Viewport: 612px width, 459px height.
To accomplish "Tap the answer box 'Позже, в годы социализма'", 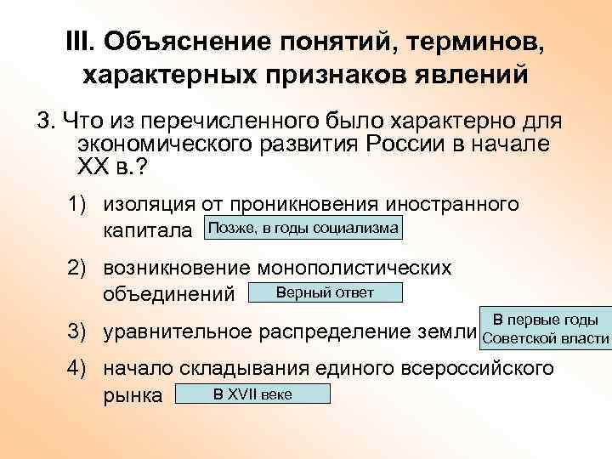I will (x=303, y=228).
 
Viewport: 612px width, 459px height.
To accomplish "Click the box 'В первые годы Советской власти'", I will (x=545, y=329).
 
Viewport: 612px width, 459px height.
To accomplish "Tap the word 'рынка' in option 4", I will (x=133, y=394).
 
